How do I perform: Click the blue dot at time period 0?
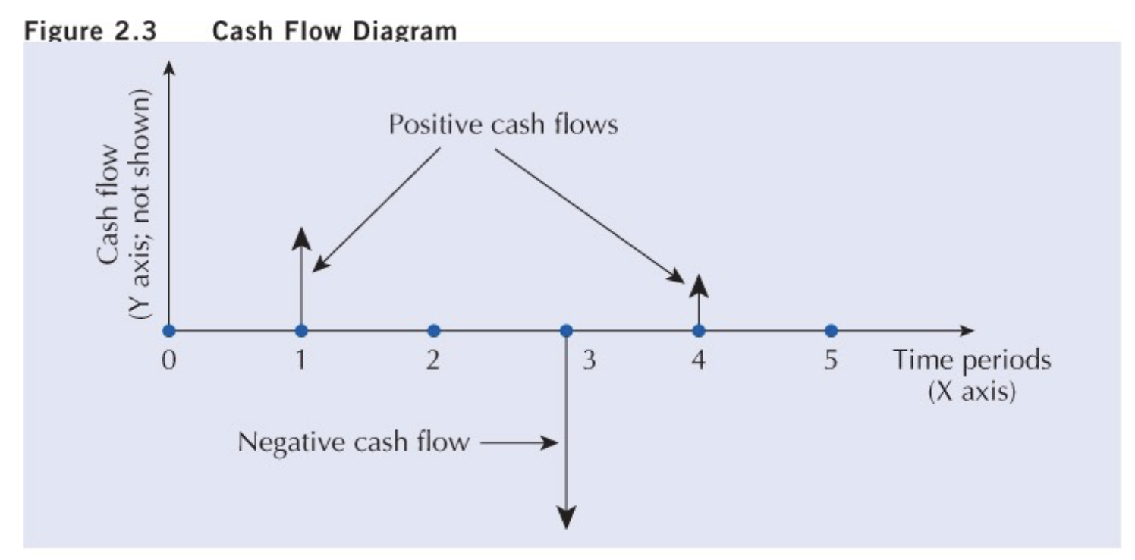pos(168,331)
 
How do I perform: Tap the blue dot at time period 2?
pos(433,331)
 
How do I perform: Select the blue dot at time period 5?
pos(831,331)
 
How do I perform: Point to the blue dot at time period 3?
pos(566,331)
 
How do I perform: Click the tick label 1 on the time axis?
pos(301,360)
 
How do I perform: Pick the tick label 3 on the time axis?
pos(589,360)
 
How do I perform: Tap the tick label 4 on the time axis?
pos(698,360)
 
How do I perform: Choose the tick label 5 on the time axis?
pos(831,360)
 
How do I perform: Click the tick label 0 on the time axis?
pos(168,360)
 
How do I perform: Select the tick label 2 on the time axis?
pos(433,360)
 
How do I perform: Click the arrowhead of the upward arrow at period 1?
pos(301,237)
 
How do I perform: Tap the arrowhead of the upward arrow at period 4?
pos(698,286)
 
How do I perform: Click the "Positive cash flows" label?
pos(503,124)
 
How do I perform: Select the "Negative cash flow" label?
pos(354,442)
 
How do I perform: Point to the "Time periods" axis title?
pos(972,360)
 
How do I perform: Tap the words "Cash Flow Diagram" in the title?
pos(336,31)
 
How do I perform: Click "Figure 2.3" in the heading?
pos(88,31)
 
